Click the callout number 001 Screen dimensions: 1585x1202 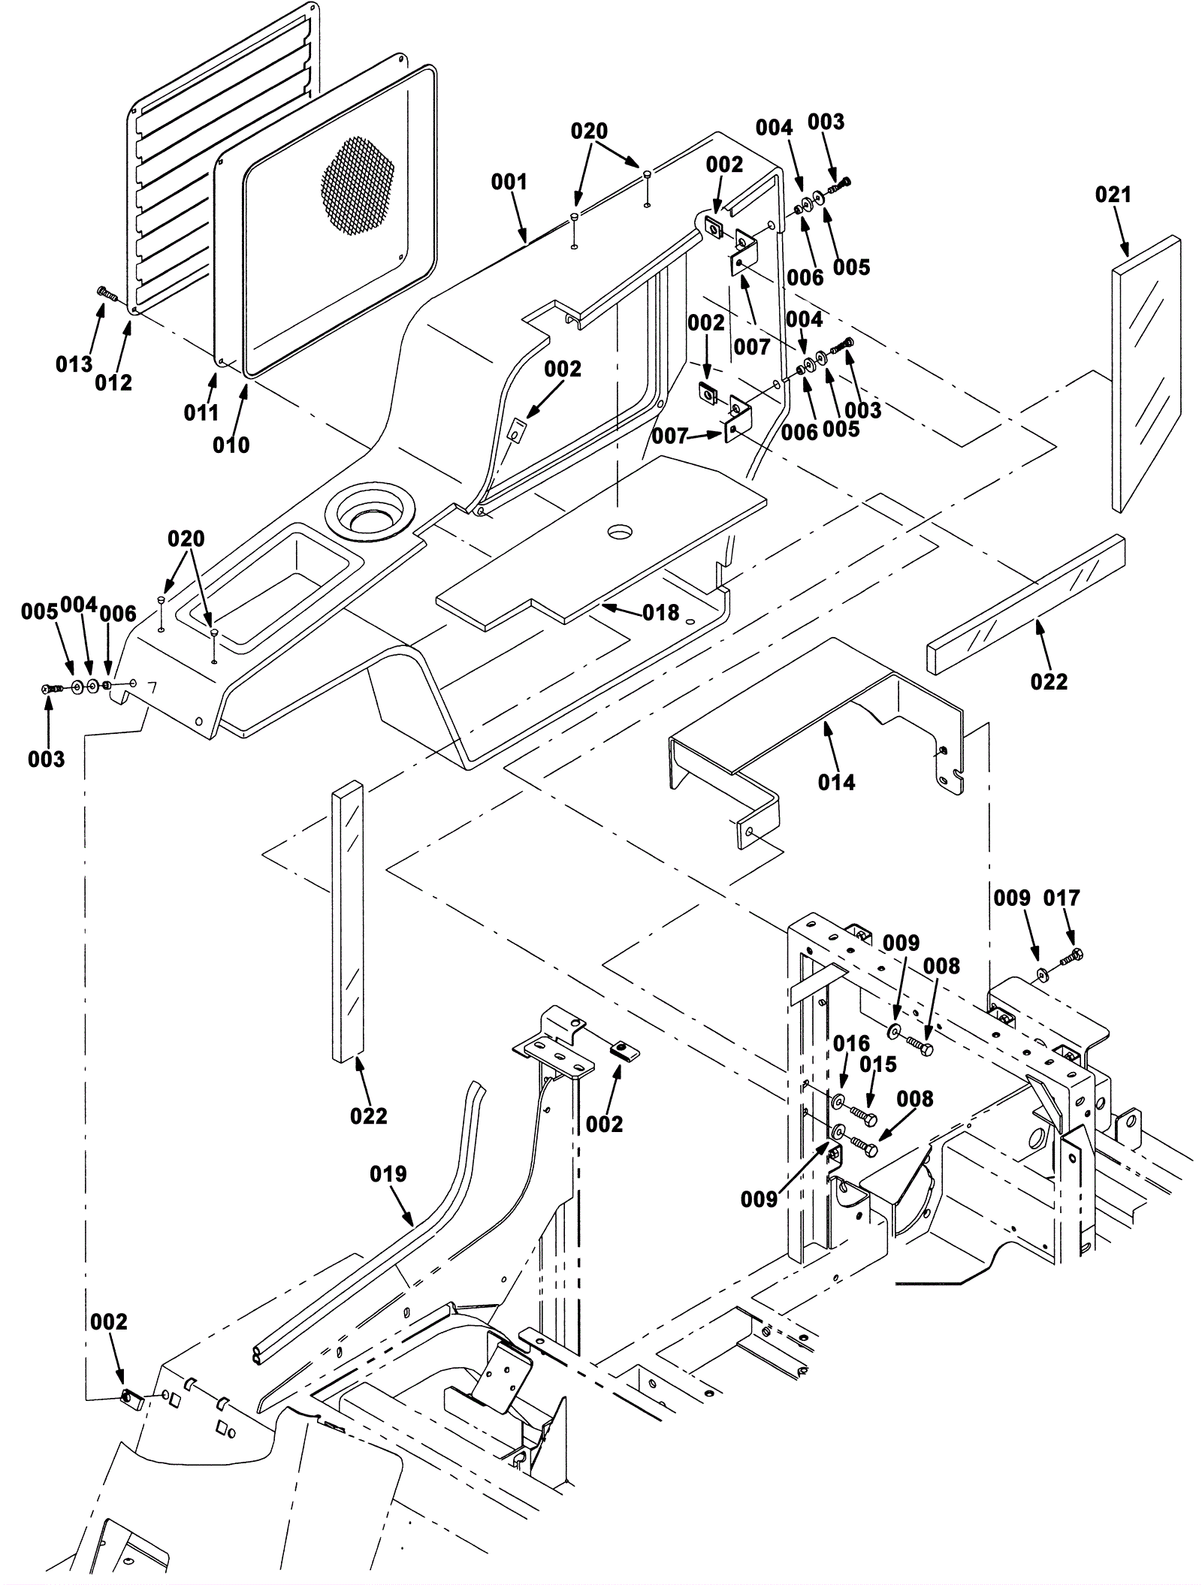[x=509, y=183]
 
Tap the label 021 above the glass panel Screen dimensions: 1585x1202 [x=1113, y=195]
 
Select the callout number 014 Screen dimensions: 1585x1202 [x=836, y=782]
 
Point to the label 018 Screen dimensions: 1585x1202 [x=660, y=613]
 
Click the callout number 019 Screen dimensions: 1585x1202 [x=388, y=1174]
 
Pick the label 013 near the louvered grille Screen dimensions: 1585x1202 [x=74, y=364]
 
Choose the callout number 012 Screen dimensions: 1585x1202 [x=113, y=382]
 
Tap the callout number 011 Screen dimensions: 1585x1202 [x=201, y=412]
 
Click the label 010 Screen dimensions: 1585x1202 [x=231, y=445]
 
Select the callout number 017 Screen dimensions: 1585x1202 [x=1062, y=898]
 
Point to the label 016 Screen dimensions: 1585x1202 [x=851, y=1043]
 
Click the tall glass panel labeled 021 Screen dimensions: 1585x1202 [x=1146, y=376]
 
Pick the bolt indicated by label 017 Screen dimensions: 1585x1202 [x=1071, y=957]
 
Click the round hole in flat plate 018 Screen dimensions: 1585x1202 [x=621, y=531]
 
